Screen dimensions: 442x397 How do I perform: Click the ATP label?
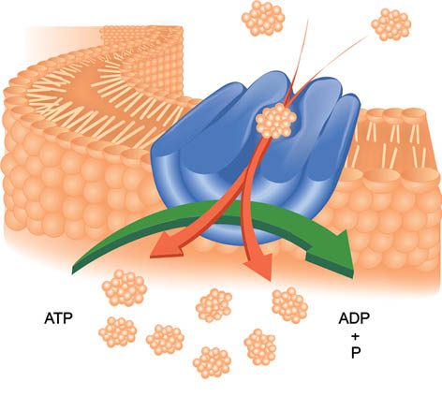(x=58, y=318)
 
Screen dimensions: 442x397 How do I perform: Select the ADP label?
(x=354, y=318)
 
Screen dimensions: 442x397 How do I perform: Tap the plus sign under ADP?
(x=355, y=337)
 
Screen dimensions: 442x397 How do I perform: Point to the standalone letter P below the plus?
(x=356, y=353)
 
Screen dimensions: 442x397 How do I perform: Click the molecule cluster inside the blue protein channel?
(x=276, y=121)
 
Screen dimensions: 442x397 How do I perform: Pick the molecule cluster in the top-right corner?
(x=391, y=24)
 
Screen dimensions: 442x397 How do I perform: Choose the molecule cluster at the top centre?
(x=263, y=18)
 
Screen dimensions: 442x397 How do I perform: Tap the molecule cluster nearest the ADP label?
(x=290, y=305)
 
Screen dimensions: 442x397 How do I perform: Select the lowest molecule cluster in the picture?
(x=213, y=362)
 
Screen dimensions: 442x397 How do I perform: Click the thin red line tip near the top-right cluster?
(x=367, y=37)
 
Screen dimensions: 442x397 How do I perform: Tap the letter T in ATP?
(x=58, y=318)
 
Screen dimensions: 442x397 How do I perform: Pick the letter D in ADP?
(x=354, y=318)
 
